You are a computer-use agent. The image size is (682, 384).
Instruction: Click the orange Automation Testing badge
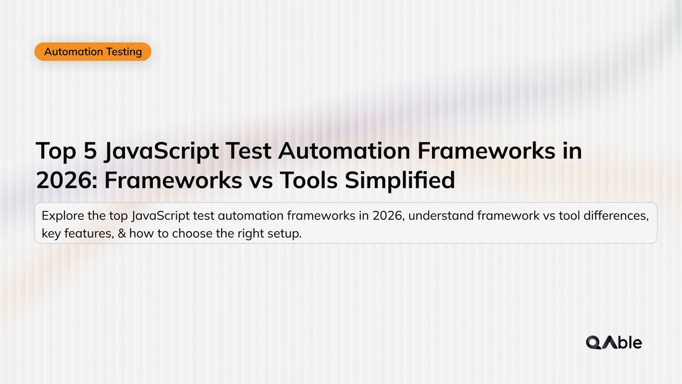coord(93,52)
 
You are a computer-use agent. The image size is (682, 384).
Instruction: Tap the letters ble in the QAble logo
coord(629,342)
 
